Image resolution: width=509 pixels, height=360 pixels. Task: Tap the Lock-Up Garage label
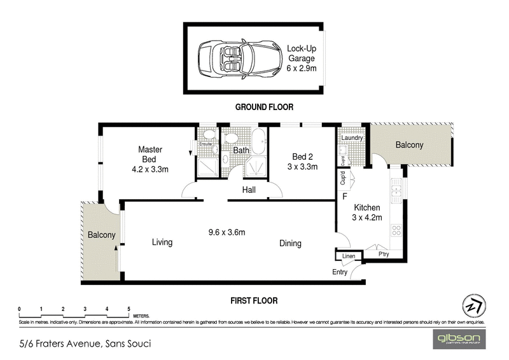[x=302, y=57]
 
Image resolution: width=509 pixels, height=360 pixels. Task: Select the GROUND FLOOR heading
[x=264, y=107]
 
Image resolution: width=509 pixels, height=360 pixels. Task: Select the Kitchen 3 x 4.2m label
[x=367, y=212]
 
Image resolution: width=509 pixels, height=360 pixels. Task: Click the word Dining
[x=289, y=243]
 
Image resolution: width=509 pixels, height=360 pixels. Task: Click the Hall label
[x=249, y=190]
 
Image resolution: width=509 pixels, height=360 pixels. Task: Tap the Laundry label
[x=352, y=138]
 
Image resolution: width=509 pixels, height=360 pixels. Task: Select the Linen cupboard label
[x=348, y=256]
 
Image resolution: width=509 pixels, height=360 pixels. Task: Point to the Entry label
[x=340, y=272]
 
